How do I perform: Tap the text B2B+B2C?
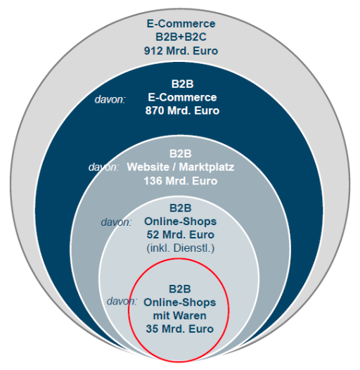pos(181,37)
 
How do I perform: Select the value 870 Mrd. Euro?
pos(182,110)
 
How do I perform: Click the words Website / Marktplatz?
pos(181,167)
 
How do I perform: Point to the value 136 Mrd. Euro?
pos(181,181)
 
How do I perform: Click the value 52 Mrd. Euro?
pos(181,235)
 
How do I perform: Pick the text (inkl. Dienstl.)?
pos(181,248)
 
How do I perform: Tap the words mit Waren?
pos(180,316)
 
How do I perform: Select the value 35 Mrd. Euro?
pos(180,329)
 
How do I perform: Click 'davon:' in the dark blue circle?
pos(110,100)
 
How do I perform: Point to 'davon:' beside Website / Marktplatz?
pos(104,167)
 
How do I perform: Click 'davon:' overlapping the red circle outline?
pos(122,301)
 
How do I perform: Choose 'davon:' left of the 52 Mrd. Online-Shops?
pos(116,222)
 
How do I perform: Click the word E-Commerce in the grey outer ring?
pos(181,24)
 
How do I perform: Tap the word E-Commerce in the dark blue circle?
pos(182,98)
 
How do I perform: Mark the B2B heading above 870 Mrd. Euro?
pos(182,84)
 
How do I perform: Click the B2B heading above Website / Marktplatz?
pos(181,153)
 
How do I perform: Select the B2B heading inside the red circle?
pos(180,289)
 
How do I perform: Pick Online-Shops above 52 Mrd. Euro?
pos(181,222)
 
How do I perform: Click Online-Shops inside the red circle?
pos(180,302)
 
